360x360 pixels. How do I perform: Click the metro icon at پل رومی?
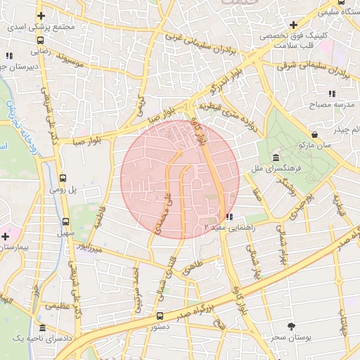point(63,178)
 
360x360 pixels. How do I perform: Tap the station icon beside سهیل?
point(66,221)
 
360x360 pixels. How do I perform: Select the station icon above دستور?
point(160,316)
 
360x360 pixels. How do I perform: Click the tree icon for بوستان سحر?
point(292,326)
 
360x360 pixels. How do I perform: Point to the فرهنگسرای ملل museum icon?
point(275,157)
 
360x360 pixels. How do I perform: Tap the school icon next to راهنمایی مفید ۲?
point(230,217)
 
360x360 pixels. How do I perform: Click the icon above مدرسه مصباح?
point(331,94)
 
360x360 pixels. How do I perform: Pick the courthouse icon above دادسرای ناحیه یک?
point(44,328)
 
